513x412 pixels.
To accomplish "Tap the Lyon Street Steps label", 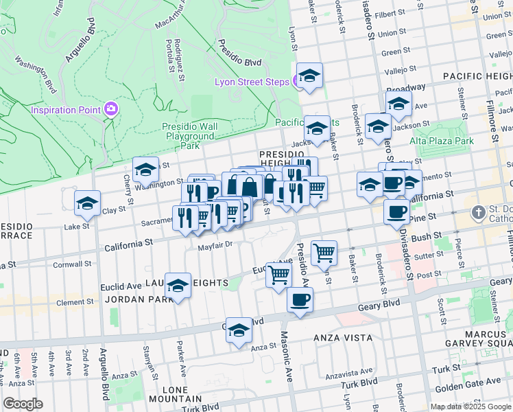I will [252, 82].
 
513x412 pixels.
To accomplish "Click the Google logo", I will [23, 404].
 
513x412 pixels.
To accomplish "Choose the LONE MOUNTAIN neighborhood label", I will [175, 393].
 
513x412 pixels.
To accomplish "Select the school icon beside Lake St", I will [87, 203].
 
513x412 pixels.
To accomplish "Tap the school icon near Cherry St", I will [145, 170].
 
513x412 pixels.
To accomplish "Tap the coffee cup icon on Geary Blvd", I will [300, 301].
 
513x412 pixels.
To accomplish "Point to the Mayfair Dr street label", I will [216, 245].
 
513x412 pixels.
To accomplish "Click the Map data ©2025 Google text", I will [470, 407].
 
